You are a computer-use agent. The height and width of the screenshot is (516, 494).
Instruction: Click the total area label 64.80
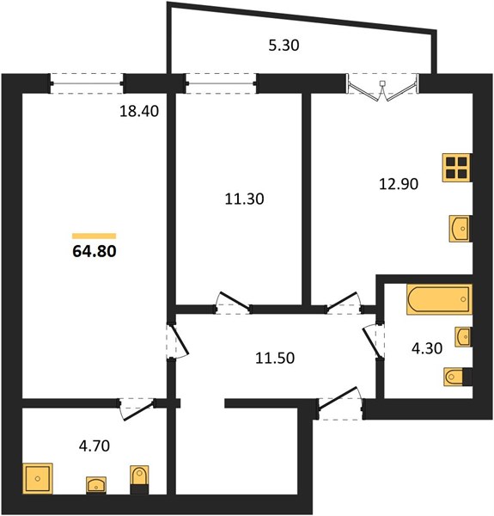(x=95, y=251)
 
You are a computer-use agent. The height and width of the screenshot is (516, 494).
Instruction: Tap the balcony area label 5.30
(x=284, y=46)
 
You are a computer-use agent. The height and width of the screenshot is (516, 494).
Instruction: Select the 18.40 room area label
(x=139, y=111)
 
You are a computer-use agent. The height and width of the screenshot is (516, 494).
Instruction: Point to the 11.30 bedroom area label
(x=244, y=200)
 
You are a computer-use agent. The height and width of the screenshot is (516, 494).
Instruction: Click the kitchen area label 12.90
(x=399, y=184)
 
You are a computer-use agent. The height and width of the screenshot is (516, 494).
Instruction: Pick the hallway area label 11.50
(x=275, y=358)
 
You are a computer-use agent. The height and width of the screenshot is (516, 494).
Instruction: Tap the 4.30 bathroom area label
(x=427, y=348)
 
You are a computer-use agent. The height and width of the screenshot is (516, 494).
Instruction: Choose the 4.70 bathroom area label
(x=95, y=445)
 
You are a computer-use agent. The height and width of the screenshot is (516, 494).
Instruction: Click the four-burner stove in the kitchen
(x=457, y=168)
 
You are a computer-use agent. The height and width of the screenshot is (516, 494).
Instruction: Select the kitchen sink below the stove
(x=460, y=229)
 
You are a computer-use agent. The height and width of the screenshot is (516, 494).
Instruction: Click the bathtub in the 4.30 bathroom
(x=439, y=299)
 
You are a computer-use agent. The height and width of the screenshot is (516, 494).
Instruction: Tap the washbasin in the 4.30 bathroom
(x=463, y=336)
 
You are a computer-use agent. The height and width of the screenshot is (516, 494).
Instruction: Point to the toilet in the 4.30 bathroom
(x=458, y=377)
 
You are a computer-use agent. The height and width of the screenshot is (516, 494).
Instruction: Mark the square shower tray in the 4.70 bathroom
(x=38, y=478)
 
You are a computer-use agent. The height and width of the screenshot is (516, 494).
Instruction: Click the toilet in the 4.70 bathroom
(x=139, y=480)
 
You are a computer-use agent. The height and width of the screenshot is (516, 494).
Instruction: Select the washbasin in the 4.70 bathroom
(x=96, y=485)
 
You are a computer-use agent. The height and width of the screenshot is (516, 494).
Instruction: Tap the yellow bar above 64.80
(x=94, y=236)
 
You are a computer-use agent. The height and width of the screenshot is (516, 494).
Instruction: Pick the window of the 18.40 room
(x=87, y=84)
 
